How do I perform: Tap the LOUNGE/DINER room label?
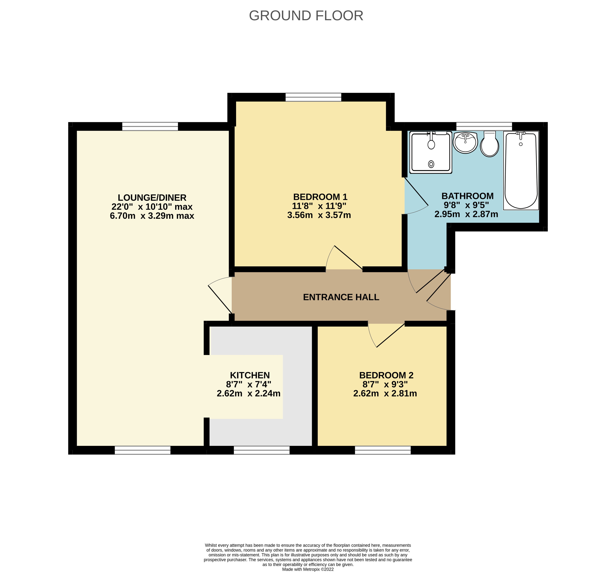152,197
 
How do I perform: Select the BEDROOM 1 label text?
320,197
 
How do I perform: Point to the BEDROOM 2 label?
386,375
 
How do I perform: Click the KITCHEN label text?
250,375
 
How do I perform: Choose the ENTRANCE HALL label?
341,297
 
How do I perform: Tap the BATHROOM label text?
467,196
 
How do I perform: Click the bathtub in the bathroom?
521,170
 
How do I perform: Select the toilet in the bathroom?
489,144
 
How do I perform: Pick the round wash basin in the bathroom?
465,142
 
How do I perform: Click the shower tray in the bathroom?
431,152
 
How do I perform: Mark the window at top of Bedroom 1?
313,97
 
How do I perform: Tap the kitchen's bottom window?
262,450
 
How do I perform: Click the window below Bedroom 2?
383,450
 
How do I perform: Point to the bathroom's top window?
484,126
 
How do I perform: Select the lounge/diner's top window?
150,126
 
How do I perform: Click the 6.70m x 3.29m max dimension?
152,216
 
